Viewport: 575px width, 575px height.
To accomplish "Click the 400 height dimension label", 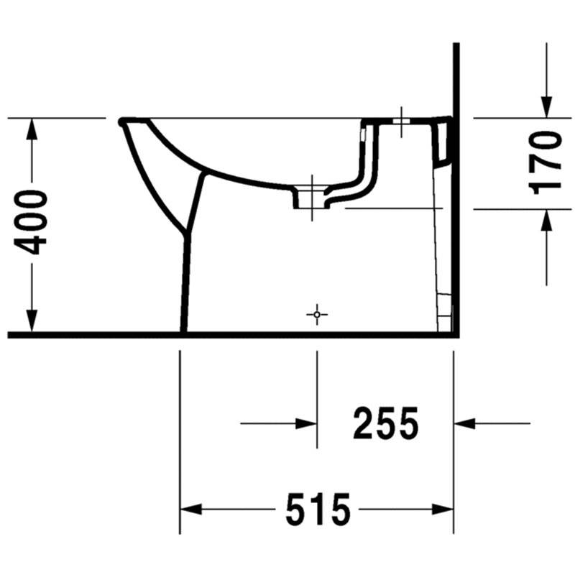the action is coord(31,222).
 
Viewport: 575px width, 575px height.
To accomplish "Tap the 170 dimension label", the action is coord(544,163).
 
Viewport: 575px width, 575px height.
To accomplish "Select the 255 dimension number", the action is coord(385,423).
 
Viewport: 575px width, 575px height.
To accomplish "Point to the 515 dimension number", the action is coord(318,510).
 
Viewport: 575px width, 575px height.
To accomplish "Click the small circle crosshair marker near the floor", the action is coord(317,315).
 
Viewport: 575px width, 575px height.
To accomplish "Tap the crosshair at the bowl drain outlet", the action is coord(312,198).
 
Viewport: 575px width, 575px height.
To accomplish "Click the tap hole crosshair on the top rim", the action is coord(402,121).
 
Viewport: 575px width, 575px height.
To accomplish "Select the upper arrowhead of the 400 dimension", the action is coord(32,129).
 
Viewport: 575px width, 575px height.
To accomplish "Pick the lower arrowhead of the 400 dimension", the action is coord(32,321).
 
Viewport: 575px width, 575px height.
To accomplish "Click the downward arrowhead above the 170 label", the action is coord(546,107).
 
